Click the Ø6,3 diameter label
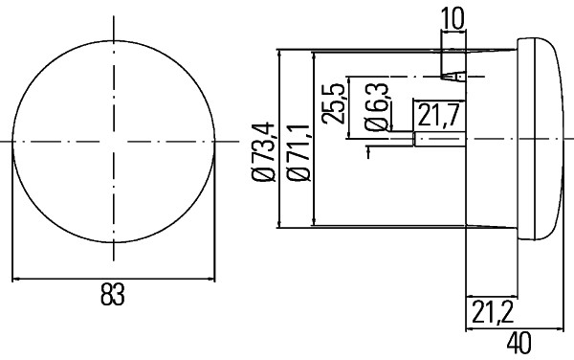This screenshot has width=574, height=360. pos(377,108)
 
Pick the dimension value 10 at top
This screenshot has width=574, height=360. pos(453,16)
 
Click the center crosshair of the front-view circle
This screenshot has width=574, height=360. pos(113,142)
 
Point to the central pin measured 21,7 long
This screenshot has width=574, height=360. pos(438,140)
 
